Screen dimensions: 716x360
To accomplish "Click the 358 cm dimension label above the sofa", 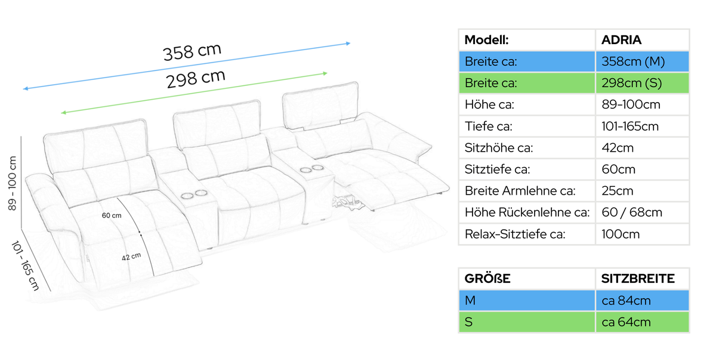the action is pyautogui.click(x=192, y=51).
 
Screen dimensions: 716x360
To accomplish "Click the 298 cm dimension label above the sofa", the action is pyautogui.click(x=196, y=79).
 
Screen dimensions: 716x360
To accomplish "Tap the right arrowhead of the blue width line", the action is pyautogui.click(x=348, y=43).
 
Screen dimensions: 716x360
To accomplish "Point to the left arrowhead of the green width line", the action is pyautogui.click(x=63, y=113).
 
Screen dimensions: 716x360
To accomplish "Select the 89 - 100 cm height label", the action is pyautogui.click(x=12, y=183).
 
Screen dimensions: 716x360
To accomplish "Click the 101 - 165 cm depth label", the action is pyautogui.click(x=25, y=266).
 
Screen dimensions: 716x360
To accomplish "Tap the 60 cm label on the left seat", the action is pyautogui.click(x=112, y=216).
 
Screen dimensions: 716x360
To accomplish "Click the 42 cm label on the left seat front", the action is pyautogui.click(x=131, y=257).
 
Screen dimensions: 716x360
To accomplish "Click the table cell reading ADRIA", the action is pyautogui.click(x=642, y=40).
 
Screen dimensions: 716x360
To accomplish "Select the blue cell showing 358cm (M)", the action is pyautogui.click(x=642, y=61).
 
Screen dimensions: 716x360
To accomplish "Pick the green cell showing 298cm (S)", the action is pyautogui.click(x=642, y=83).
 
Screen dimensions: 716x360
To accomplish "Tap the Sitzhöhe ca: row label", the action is pyautogui.click(x=499, y=147).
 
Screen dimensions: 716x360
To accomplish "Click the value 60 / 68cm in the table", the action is pyautogui.click(x=632, y=213).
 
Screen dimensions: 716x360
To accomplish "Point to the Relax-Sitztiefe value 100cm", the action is pyautogui.click(x=621, y=234).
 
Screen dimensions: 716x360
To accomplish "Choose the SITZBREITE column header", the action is pyautogui.click(x=638, y=278).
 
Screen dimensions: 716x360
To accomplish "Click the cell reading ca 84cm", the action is pyautogui.click(x=642, y=300).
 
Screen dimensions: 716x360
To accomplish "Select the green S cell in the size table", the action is pyautogui.click(x=527, y=322).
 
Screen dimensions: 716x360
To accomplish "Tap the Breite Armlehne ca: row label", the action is pyautogui.click(x=520, y=191).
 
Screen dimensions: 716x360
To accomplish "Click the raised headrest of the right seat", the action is pyautogui.click(x=320, y=105).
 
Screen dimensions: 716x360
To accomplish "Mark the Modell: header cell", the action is pyautogui.click(x=527, y=40).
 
